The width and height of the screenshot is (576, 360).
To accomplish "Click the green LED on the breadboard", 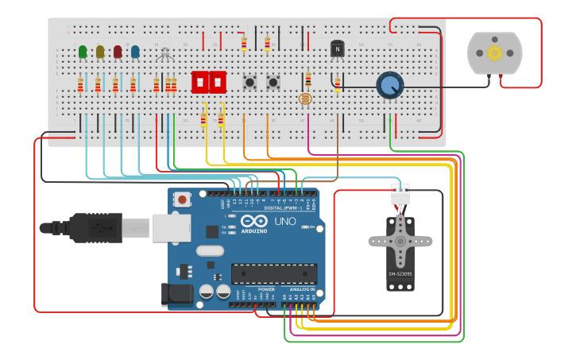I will (x=83, y=52).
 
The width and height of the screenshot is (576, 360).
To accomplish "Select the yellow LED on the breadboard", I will (x=100, y=52).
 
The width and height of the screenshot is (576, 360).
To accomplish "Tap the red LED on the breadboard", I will (x=118, y=52).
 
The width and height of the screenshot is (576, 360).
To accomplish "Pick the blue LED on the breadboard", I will (x=135, y=52).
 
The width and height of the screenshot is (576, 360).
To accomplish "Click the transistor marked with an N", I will (x=338, y=49).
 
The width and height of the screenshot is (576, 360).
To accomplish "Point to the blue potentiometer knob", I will (x=389, y=85).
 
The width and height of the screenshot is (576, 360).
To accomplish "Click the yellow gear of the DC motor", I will (x=494, y=53).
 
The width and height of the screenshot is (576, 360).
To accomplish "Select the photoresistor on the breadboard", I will (x=304, y=99).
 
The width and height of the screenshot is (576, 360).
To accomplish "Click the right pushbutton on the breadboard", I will (x=273, y=82).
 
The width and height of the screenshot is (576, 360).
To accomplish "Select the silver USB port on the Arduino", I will (x=171, y=227).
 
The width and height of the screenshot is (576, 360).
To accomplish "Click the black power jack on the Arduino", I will (x=177, y=293).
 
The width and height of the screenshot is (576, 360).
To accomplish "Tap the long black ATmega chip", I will (x=273, y=273).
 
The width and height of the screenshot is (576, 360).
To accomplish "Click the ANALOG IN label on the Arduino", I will (x=301, y=289).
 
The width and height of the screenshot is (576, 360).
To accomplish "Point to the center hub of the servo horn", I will (x=400, y=241).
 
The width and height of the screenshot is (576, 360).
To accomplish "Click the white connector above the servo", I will (x=400, y=193).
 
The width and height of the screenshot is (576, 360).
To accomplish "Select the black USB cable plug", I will (x=95, y=227).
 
